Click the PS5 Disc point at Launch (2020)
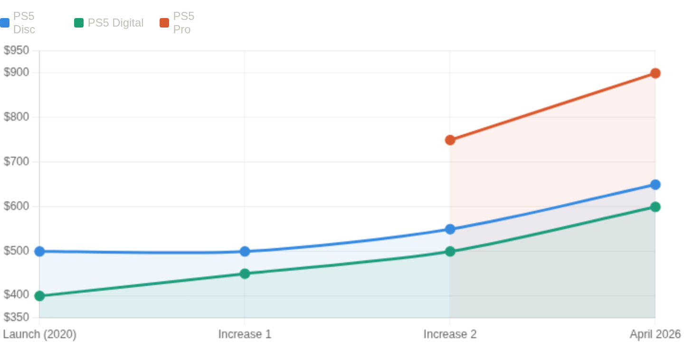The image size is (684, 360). pos(39,251)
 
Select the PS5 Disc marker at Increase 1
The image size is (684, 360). pos(245,251)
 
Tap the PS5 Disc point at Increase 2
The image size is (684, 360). pos(450,229)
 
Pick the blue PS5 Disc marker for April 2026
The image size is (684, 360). pos(655,184)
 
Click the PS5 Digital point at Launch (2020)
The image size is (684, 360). pos(39,296)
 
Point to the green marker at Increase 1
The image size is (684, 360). pos(245,274)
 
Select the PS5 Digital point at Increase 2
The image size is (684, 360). pos(450,251)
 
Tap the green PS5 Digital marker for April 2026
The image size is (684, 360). pos(655,207)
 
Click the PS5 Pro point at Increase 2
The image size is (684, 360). pos(450,140)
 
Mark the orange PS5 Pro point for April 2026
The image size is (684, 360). pos(655,73)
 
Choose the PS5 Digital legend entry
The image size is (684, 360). pos(109,23)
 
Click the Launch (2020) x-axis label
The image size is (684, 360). pos(39,334)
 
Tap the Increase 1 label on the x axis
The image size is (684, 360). pos(245,334)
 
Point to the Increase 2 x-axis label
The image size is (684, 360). pos(450,334)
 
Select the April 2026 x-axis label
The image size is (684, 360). pos(655,334)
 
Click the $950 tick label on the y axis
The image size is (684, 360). pos(16,50)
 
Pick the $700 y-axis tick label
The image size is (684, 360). pos(16,162)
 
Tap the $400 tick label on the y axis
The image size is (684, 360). pos(16,296)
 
